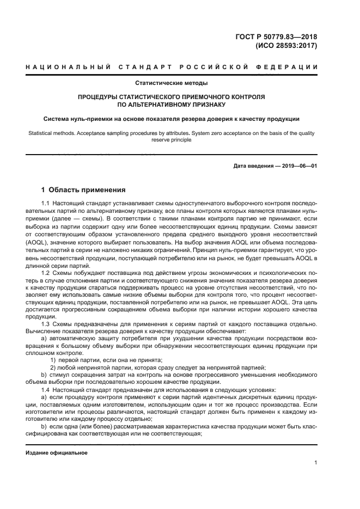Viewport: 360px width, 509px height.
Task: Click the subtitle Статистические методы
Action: [x=172, y=83]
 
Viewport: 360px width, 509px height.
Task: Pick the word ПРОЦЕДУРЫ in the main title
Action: [x=100, y=96]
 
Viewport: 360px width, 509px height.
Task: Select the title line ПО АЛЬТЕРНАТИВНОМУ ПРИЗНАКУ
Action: [x=172, y=104]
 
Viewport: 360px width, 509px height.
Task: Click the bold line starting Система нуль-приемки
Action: [x=172, y=118]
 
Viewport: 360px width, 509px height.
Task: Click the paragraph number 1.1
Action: [x=46, y=203]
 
